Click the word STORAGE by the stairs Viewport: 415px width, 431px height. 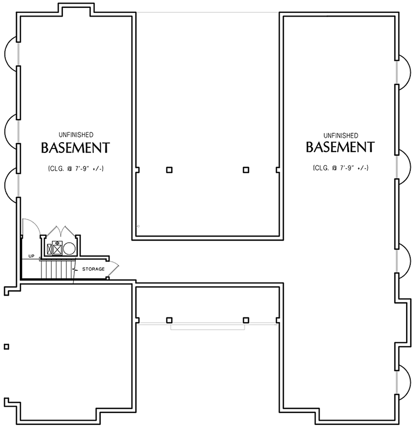pyautogui.click(x=93, y=269)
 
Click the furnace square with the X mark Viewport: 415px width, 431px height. pyautogui.click(x=53, y=249)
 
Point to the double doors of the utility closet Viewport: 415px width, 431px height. pyautogui.click(x=61, y=231)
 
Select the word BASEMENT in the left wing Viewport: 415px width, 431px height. pyautogui.click(x=75, y=148)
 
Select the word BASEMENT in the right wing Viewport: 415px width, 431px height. pyautogui.click(x=340, y=147)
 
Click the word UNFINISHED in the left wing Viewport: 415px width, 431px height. pyautogui.click(x=76, y=134)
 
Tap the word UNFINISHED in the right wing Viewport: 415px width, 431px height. pyautogui.click(x=341, y=134)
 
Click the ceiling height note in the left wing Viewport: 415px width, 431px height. pyautogui.click(x=75, y=169)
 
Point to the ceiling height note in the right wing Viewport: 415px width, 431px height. pyautogui.click(x=341, y=168)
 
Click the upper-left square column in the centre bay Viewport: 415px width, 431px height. pyautogui.click(x=169, y=170)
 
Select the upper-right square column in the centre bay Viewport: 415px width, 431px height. pyautogui.click(x=245, y=170)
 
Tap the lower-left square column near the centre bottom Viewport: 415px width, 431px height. pyautogui.click(x=169, y=320)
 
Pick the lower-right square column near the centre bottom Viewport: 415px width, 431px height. pyautogui.click(x=245, y=320)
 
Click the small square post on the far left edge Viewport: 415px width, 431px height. pyautogui.click(x=6, y=346)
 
